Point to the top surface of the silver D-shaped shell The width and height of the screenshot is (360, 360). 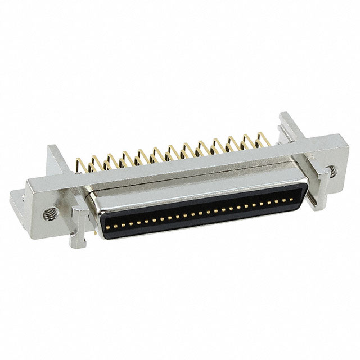197,186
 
